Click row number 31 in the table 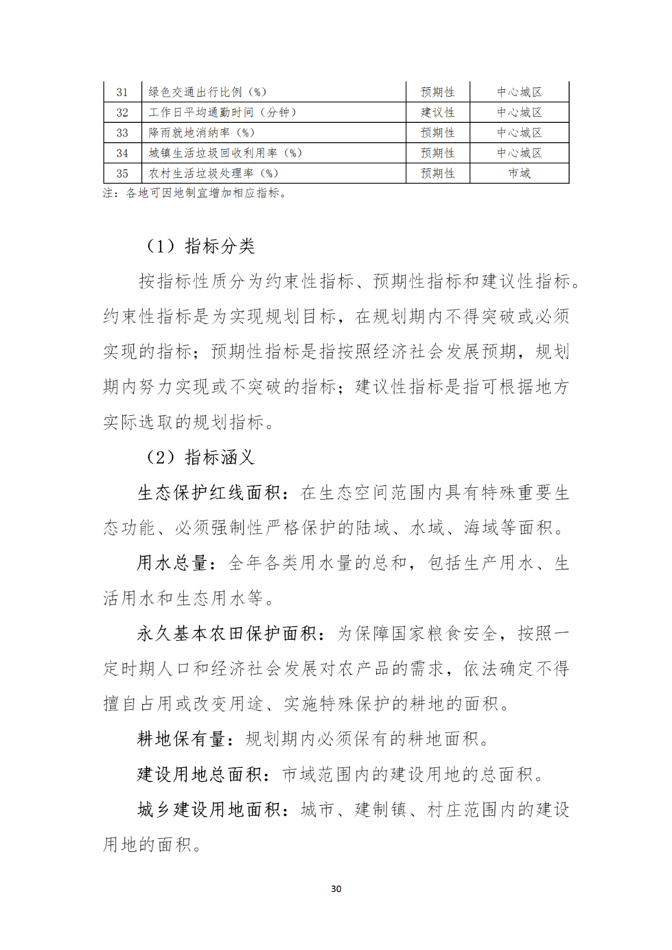(x=122, y=92)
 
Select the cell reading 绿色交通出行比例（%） (x=207, y=92)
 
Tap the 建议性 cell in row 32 (x=437, y=112)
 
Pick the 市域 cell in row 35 (x=519, y=173)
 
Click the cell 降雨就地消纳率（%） (x=202, y=133)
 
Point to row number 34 (x=122, y=153)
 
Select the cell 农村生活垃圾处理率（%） (x=213, y=173)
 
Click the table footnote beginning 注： (x=195, y=193)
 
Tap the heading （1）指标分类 (x=199, y=246)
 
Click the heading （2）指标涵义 (x=199, y=458)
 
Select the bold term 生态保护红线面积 (x=209, y=493)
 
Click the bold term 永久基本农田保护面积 (x=227, y=634)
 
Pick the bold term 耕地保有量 (x=181, y=739)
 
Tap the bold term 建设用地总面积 (x=199, y=774)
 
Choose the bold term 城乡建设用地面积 (x=209, y=809)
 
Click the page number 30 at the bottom (x=336, y=889)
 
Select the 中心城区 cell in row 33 (x=519, y=133)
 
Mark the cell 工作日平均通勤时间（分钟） (x=223, y=112)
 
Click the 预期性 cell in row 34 (x=437, y=153)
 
